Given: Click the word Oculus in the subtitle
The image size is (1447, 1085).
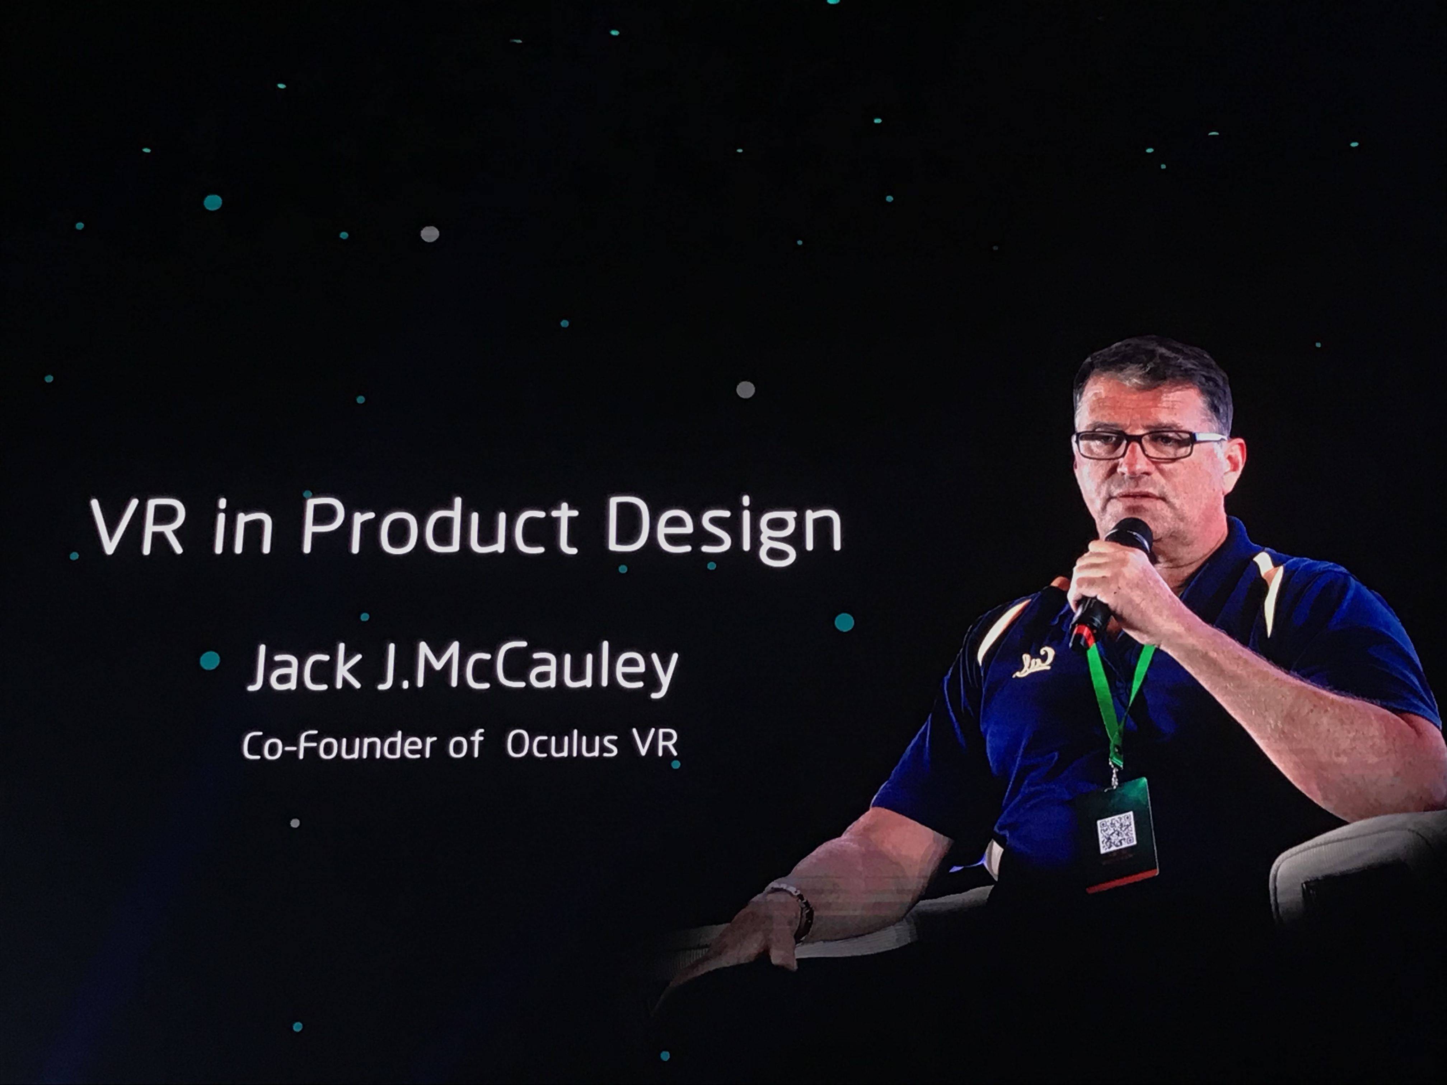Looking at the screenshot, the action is [x=562, y=744].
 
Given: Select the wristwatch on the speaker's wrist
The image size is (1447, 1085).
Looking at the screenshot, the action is [x=796, y=908].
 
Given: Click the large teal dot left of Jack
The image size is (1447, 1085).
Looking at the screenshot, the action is [x=209, y=661].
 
